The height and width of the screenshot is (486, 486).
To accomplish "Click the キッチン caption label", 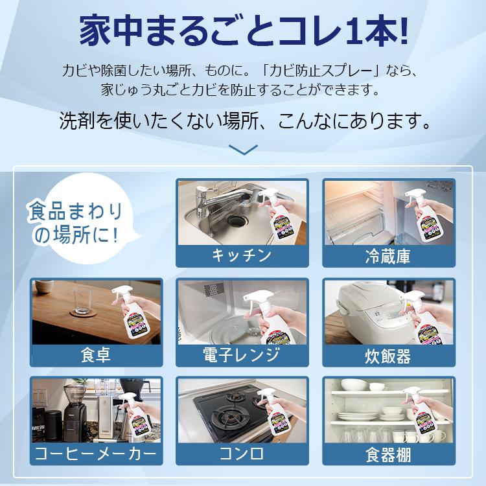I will tap(242, 255).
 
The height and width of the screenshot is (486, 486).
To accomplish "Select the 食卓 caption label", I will tap(97, 355).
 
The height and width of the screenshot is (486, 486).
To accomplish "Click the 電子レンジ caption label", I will tap(242, 355).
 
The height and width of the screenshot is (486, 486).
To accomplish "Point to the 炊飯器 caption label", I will tap(388, 355).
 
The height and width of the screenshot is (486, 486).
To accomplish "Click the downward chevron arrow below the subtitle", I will tap(243, 150).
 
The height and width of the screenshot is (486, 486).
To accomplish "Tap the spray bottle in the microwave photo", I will tap(270, 318).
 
